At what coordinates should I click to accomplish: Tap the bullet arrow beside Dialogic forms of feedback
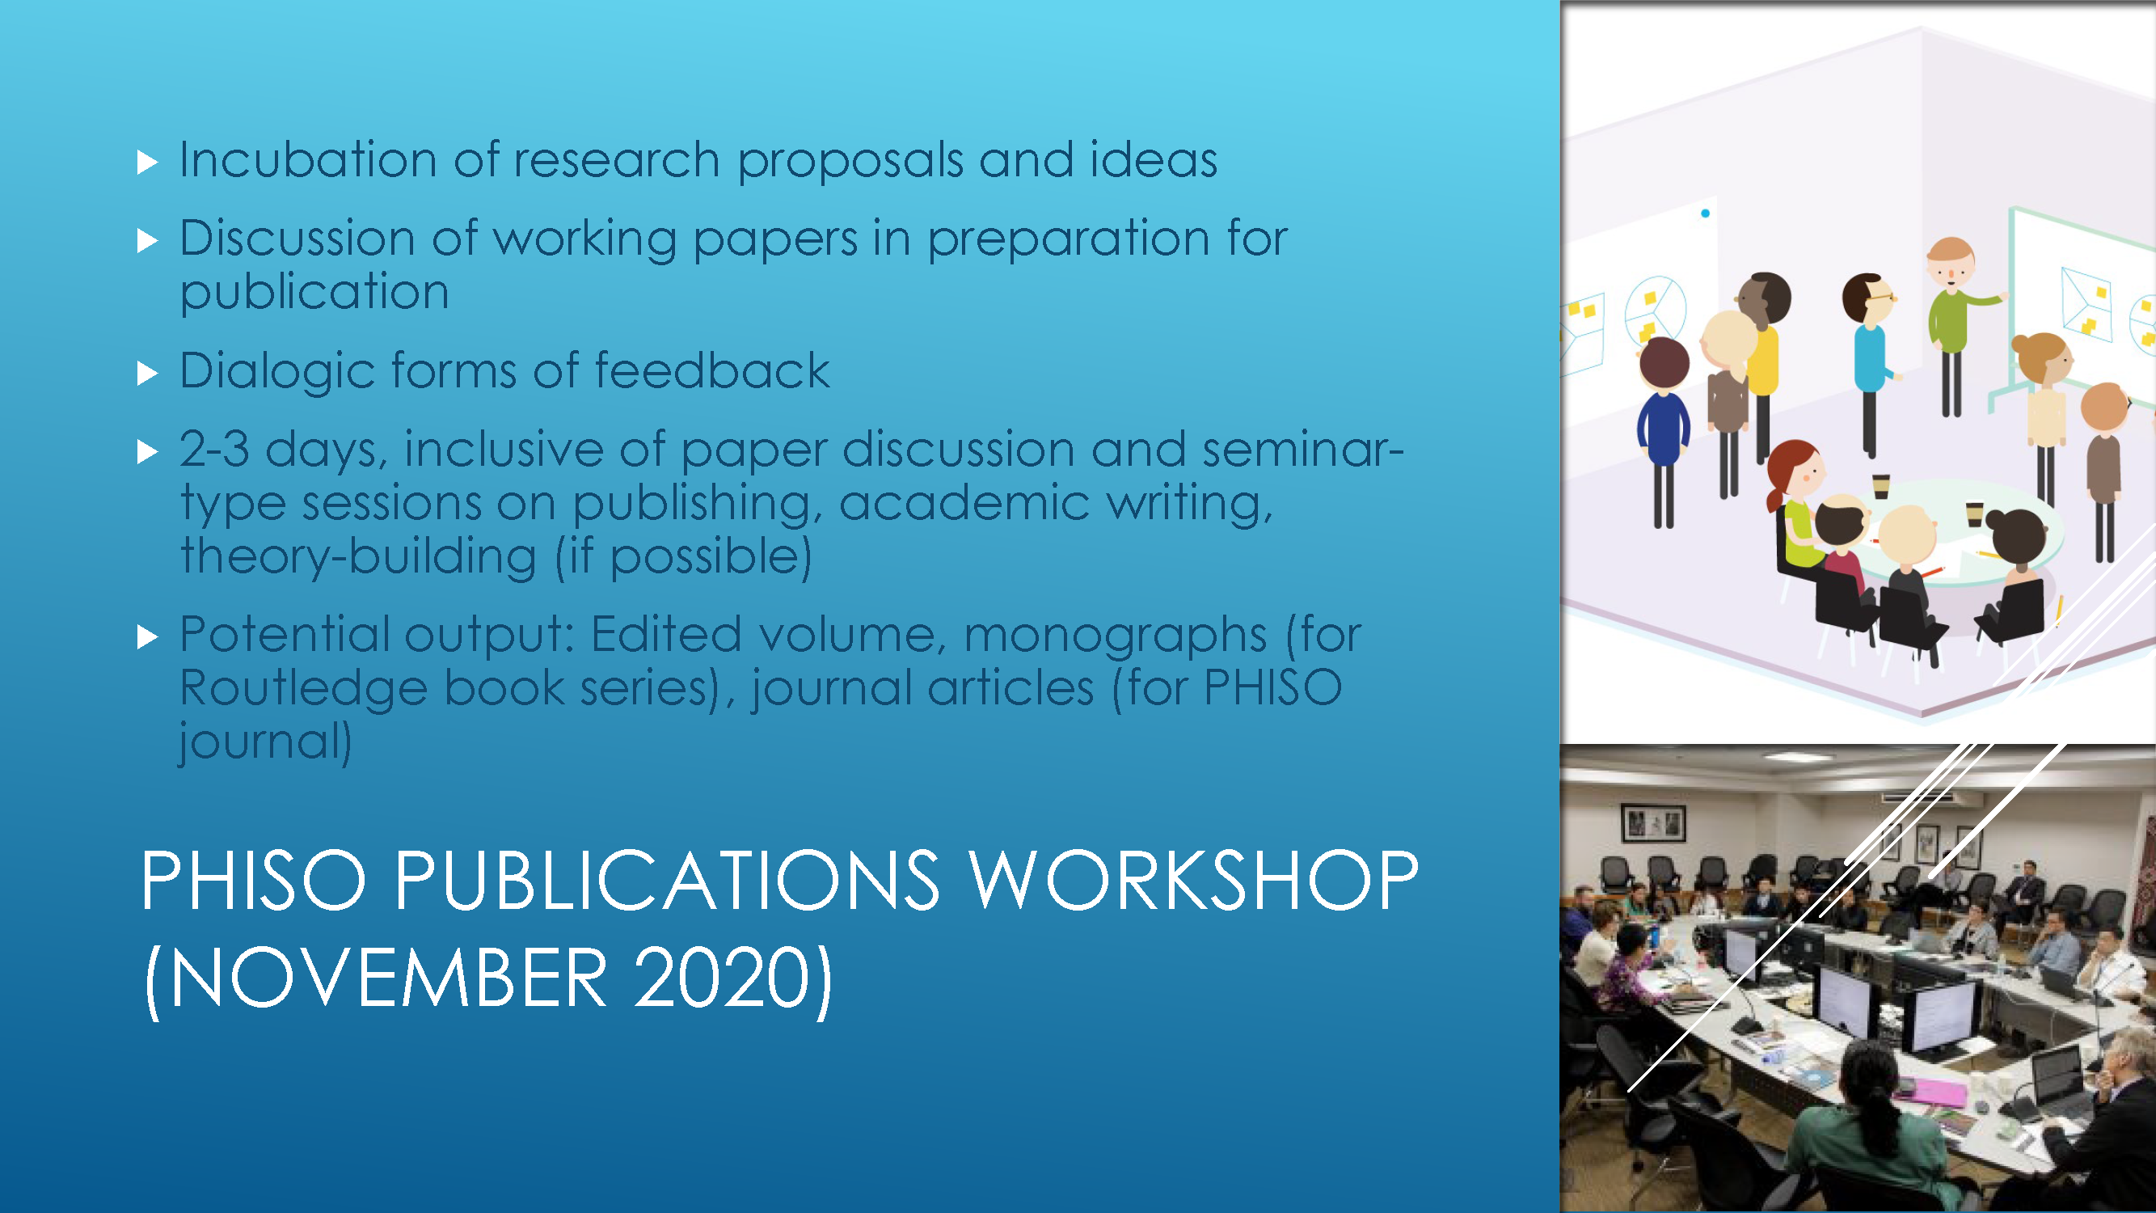147,374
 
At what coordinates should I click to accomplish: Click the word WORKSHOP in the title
1193,880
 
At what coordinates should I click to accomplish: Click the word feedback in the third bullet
712,370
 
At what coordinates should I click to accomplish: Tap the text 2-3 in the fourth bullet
214,450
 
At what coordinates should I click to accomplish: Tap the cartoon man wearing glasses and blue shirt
1870,360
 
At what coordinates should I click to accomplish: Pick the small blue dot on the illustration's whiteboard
1705,213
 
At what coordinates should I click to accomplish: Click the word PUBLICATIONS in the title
666,880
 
